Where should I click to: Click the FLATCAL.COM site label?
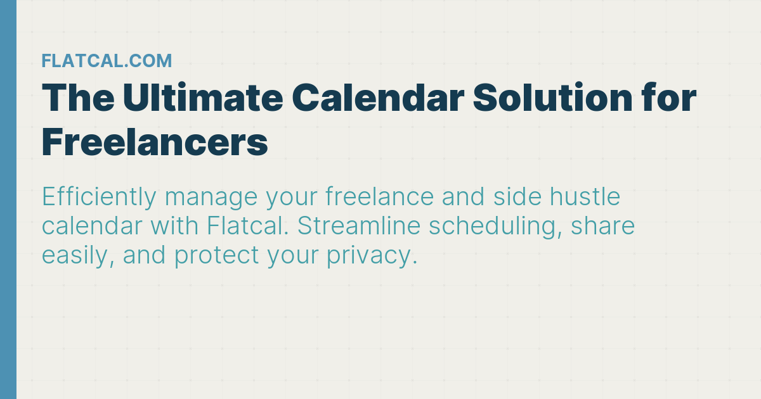(107, 61)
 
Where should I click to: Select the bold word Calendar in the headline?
(378, 99)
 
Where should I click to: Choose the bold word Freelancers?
(155, 143)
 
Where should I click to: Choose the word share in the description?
(603, 227)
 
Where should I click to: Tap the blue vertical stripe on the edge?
(8, 199)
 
